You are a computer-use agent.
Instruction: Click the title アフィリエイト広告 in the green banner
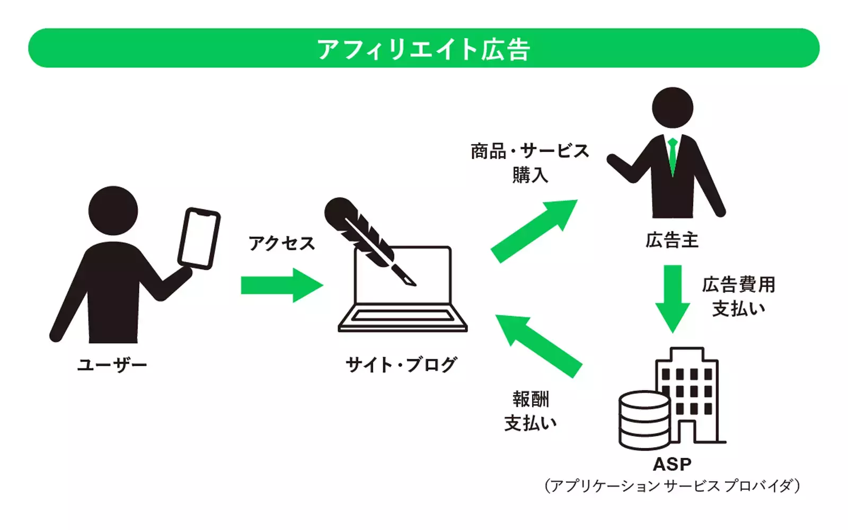[423, 49]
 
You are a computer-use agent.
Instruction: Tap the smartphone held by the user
[199, 238]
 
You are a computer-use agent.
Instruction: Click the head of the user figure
[113, 210]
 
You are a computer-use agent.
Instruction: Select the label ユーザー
[112, 365]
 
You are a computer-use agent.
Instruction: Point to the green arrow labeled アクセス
[281, 285]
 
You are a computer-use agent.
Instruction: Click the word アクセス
[282, 243]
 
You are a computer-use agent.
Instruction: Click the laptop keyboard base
[403, 319]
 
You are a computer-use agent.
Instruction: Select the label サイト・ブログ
[401, 365]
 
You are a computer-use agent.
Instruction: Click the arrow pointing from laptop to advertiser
[533, 230]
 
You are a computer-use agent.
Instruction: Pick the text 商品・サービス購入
[529, 163]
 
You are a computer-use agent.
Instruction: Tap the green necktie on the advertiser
[673, 156]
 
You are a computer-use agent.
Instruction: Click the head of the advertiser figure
[672, 108]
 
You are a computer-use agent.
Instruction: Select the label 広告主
[672, 241]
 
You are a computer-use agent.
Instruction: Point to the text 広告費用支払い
[738, 296]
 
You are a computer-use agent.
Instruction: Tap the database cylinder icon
[644, 420]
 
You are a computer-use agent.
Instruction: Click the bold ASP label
[672, 464]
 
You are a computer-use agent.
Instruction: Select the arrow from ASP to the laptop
[538, 345]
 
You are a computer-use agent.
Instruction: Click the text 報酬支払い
[531, 411]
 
